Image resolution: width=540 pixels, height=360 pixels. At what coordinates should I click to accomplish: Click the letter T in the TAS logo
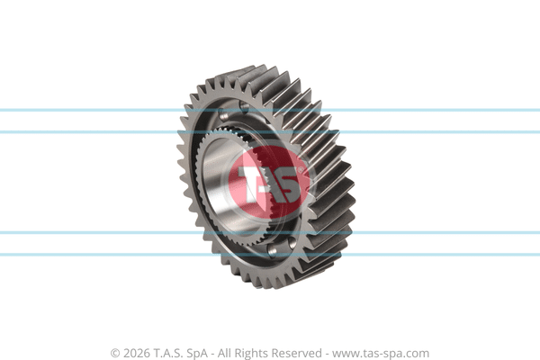252,184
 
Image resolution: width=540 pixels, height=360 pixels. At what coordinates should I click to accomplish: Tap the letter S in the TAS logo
285,185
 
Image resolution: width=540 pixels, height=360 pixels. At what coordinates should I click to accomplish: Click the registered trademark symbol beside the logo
300,170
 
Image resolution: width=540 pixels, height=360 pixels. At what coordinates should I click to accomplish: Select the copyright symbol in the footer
115,354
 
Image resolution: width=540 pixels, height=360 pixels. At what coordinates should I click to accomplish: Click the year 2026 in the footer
137,353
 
